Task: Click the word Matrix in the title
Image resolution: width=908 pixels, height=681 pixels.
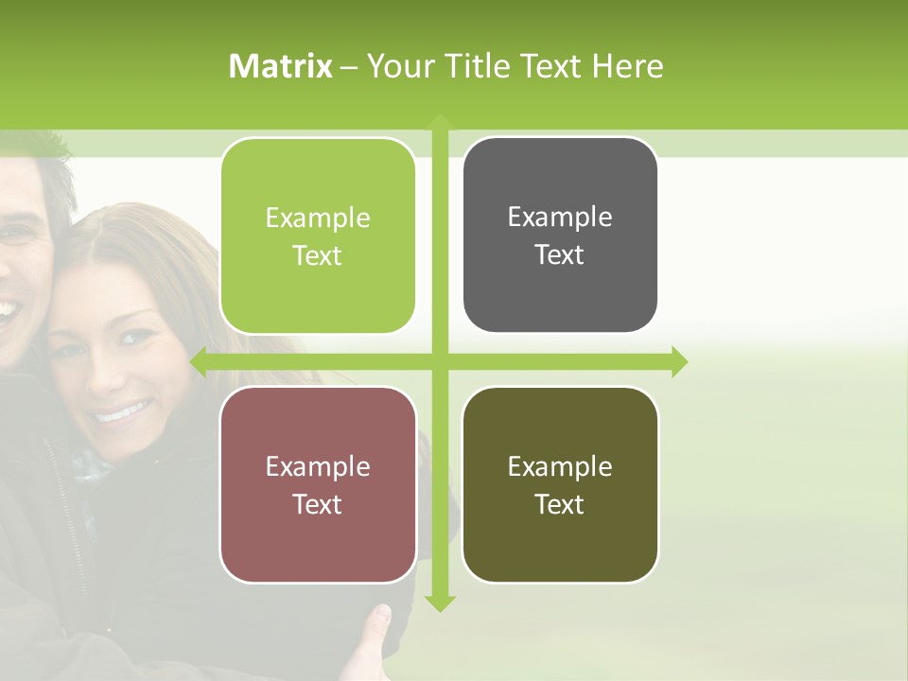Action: pyautogui.click(x=280, y=66)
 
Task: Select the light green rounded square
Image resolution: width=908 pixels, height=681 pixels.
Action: pyautogui.click(x=318, y=236)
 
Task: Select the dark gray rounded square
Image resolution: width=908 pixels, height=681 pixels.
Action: pyautogui.click(x=560, y=235)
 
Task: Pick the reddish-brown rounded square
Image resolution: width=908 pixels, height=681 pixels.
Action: pyautogui.click(x=318, y=484)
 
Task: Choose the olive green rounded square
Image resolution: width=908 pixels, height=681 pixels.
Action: pyautogui.click(x=560, y=484)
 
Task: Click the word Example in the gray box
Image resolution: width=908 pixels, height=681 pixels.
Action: pyautogui.click(x=560, y=217)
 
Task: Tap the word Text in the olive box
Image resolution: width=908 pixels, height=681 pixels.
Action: pyautogui.click(x=560, y=504)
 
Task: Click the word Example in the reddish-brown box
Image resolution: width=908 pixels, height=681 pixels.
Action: pyautogui.click(x=318, y=466)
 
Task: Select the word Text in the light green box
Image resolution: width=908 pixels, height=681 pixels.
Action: pyautogui.click(x=318, y=255)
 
